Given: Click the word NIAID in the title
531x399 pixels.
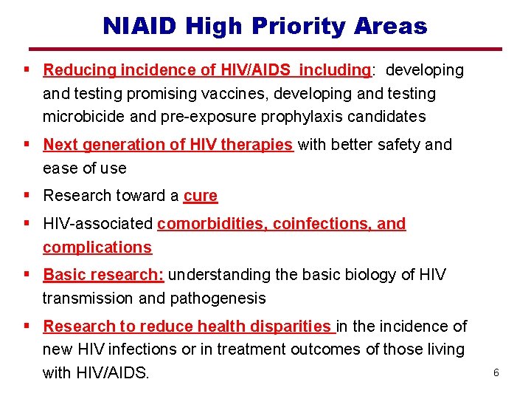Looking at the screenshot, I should tap(141, 27).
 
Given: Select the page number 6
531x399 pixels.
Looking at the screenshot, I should tap(496, 373).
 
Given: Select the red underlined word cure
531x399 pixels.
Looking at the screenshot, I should tap(201, 196).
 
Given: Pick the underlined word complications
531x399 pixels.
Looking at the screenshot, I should tap(97, 248).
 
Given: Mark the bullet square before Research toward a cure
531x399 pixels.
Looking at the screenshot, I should tap(27, 195).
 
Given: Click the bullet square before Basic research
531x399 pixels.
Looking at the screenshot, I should tap(27, 274).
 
